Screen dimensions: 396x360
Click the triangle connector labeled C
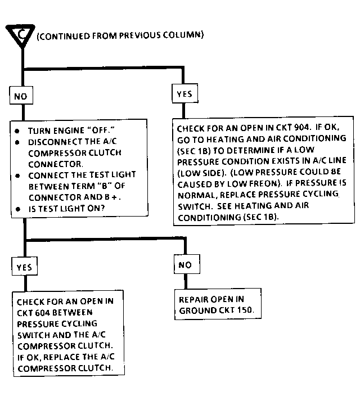click(x=21, y=34)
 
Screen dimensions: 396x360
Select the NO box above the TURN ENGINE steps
click(x=20, y=96)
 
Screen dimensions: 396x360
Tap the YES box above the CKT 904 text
click(x=184, y=94)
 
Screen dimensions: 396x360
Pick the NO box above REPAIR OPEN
click(x=184, y=264)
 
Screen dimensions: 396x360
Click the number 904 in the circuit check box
click(x=299, y=127)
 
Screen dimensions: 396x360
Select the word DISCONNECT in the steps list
click(x=51, y=141)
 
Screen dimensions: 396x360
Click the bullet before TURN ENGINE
click(x=19, y=130)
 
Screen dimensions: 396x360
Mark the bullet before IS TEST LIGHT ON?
click(x=19, y=209)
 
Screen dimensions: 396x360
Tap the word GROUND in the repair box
click(x=196, y=310)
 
